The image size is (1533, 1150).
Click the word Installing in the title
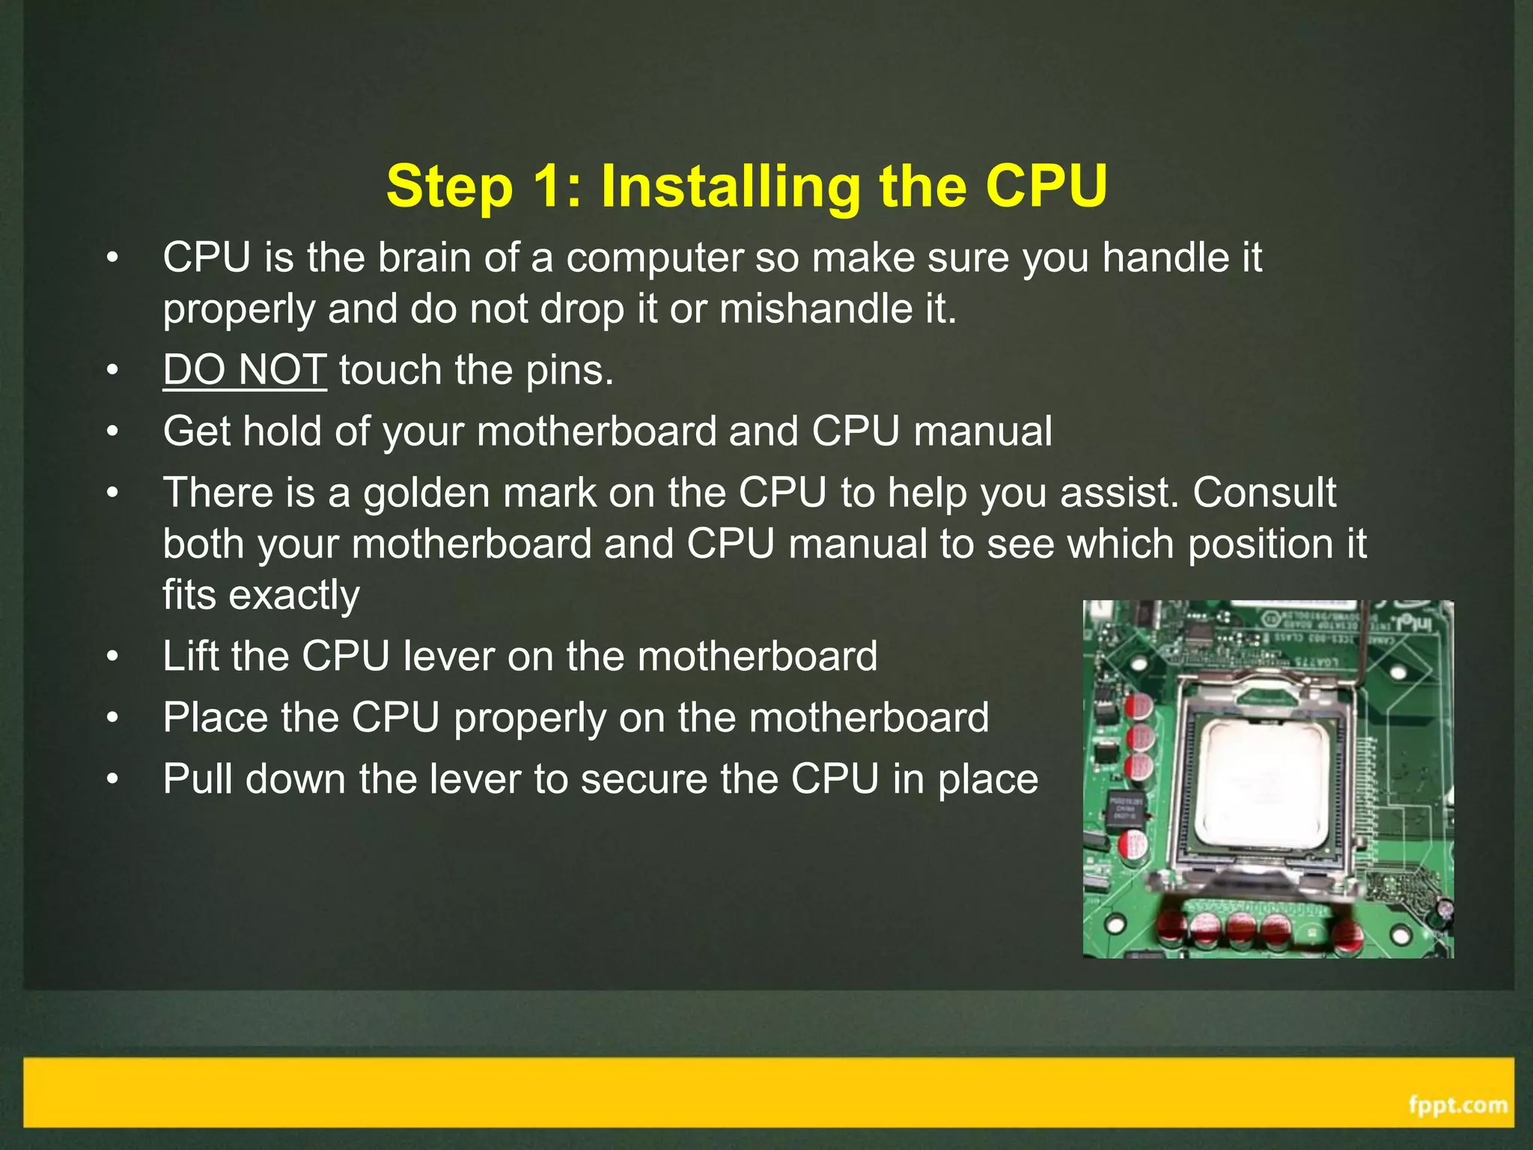(731, 187)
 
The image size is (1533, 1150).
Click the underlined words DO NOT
(245, 370)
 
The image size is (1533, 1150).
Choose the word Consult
(1264, 493)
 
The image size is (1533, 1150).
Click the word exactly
(294, 594)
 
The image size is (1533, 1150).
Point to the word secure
(644, 779)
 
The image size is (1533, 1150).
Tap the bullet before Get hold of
(112, 432)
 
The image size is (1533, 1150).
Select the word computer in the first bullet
(654, 258)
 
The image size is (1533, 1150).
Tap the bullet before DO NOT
(112, 371)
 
